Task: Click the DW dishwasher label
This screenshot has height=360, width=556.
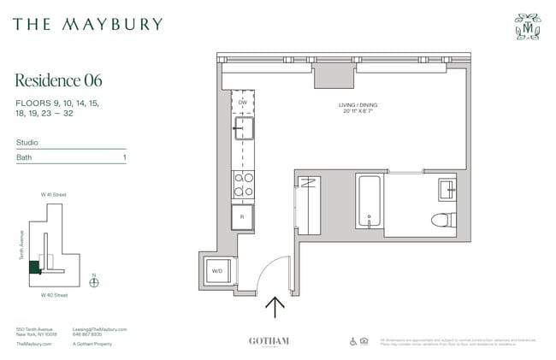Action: (242, 101)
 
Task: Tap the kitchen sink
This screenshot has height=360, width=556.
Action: (244, 129)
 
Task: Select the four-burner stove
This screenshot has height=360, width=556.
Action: (244, 184)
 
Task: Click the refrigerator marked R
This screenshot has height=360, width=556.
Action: (244, 216)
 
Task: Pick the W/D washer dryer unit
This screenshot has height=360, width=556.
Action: (216, 271)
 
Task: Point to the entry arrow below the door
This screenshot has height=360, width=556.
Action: (275, 306)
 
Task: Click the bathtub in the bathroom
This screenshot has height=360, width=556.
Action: (369, 201)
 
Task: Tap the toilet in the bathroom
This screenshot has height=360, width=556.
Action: (442, 219)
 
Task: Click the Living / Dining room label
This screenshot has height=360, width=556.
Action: (359, 105)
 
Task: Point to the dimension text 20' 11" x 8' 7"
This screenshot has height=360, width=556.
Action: (359, 111)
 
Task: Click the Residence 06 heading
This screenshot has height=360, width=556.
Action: (59, 80)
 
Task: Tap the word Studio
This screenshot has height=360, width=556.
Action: (26, 143)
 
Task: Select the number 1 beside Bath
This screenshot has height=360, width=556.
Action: (125, 158)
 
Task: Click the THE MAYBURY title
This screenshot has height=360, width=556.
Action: (87, 24)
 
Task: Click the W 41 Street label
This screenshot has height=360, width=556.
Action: (54, 195)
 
